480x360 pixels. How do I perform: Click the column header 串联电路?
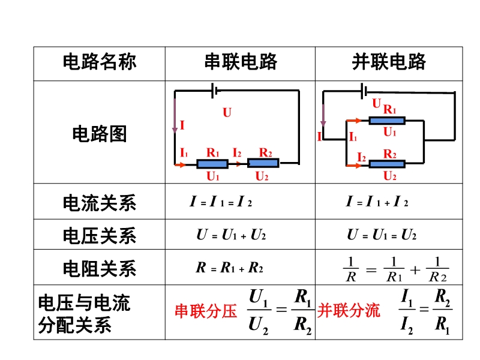pyautogui.click(x=241, y=62)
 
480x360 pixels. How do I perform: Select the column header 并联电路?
pyautogui.click(x=389, y=62)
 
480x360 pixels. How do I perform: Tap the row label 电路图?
pyautogui.click(x=100, y=134)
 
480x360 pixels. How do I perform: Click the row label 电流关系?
pyautogui.click(x=100, y=203)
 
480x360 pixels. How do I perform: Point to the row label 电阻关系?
pyautogui.click(x=100, y=268)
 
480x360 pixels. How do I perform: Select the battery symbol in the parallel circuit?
pyautogui.click(x=364, y=91)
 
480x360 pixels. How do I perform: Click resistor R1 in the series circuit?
pyautogui.click(x=212, y=164)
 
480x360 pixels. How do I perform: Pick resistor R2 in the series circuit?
pyautogui.click(x=263, y=163)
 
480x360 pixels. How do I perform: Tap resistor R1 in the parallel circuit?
pyautogui.click(x=387, y=121)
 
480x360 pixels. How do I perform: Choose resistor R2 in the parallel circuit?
pyautogui.click(x=387, y=164)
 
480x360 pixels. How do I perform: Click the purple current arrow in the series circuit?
pyautogui.click(x=175, y=116)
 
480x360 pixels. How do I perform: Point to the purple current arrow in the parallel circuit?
pyautogui.click(x=323, y=115)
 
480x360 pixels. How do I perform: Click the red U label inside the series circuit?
pyautogui.click(x=227, y=113)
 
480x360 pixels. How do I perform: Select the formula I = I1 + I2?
pyautogui.click(x=377, y=202)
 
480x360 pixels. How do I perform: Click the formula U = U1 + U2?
pyautogui.click(x=231, y=235)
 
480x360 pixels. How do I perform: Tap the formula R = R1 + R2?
pyautogui.click(x=230, y=268)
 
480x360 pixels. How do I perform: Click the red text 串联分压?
pyautogui.click(x=206, y=311)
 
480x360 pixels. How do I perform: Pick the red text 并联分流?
pyautogui.click(x=349, y=311)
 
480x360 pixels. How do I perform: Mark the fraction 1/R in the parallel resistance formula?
pyautogui.click(x=351, y=269)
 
